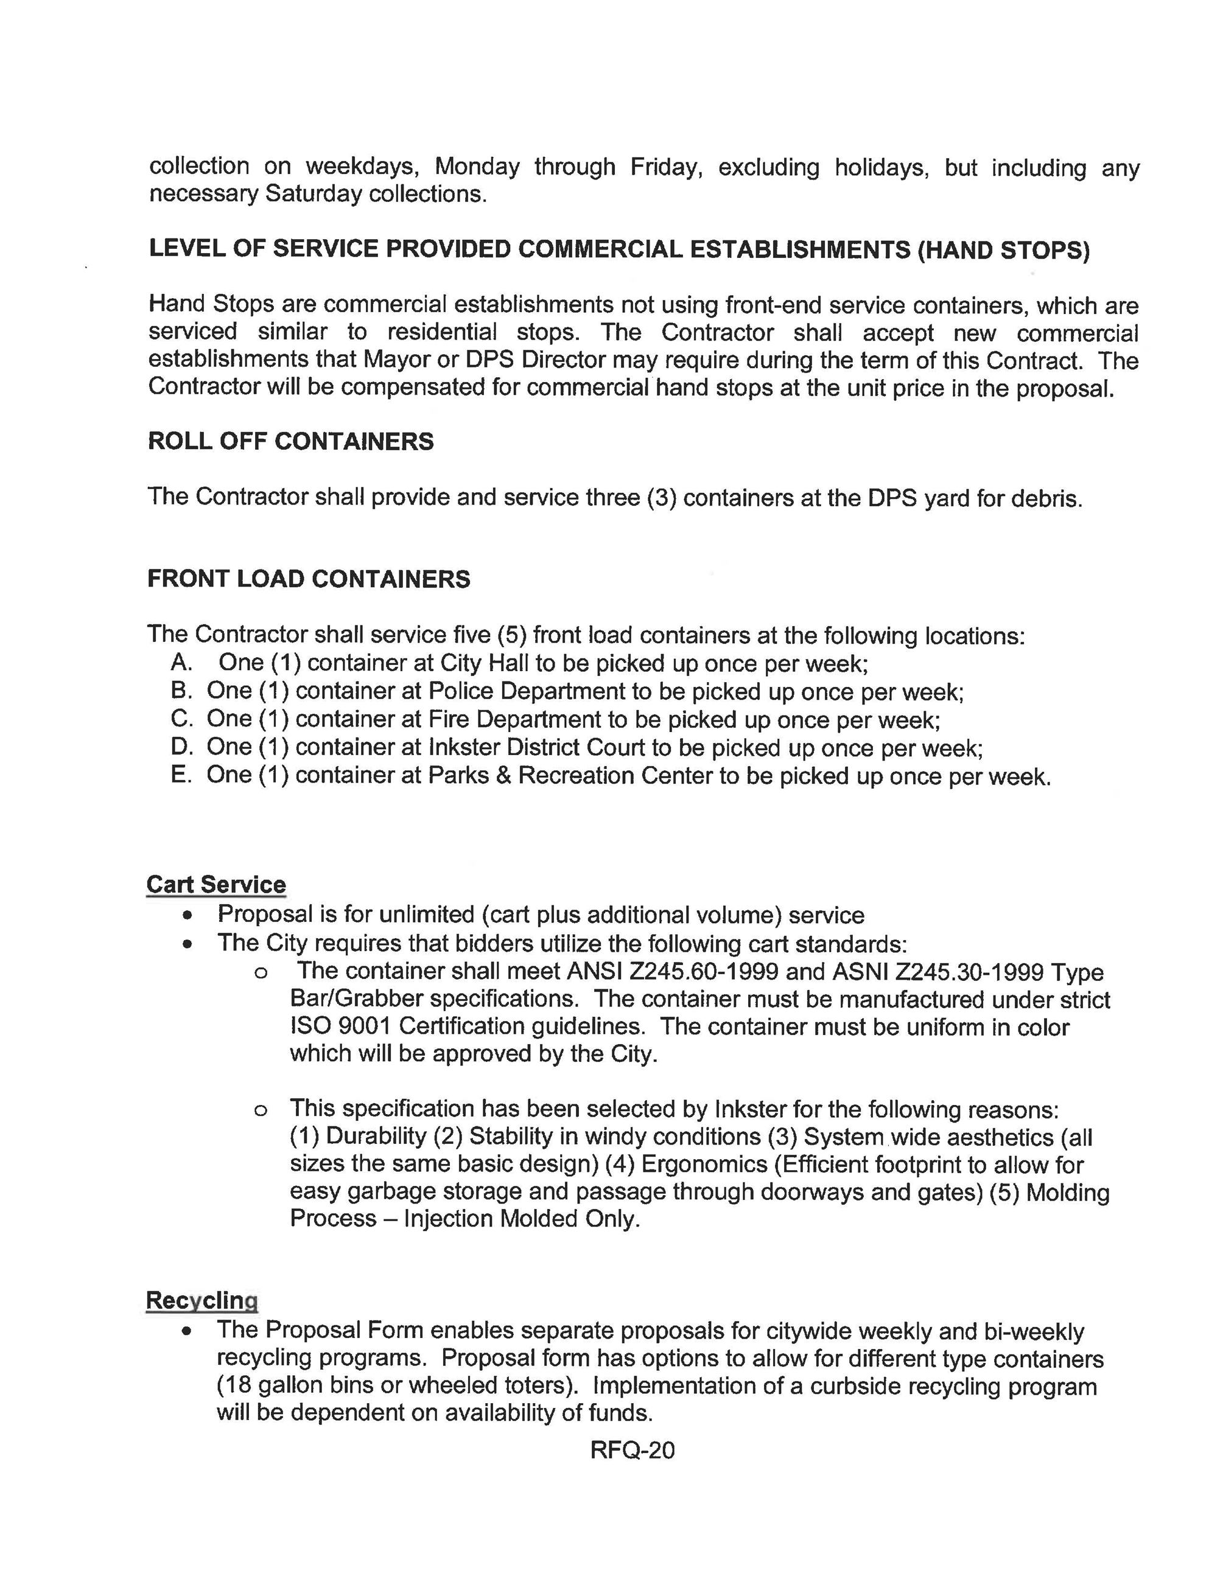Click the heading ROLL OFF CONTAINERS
click(290, 441)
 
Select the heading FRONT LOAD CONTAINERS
click(309, 579)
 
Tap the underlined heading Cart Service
click(216, 885)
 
